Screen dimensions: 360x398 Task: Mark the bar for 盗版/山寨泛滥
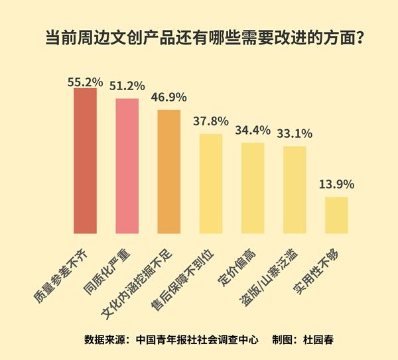(294, 190)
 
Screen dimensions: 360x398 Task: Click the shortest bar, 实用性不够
(336, 215)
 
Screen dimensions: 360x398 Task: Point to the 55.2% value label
(85, 82)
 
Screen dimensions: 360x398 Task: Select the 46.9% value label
(168, 98)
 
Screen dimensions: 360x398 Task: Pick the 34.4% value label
(252, 129)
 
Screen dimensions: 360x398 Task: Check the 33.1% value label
(294, 133)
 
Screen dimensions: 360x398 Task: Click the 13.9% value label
(336, 184)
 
